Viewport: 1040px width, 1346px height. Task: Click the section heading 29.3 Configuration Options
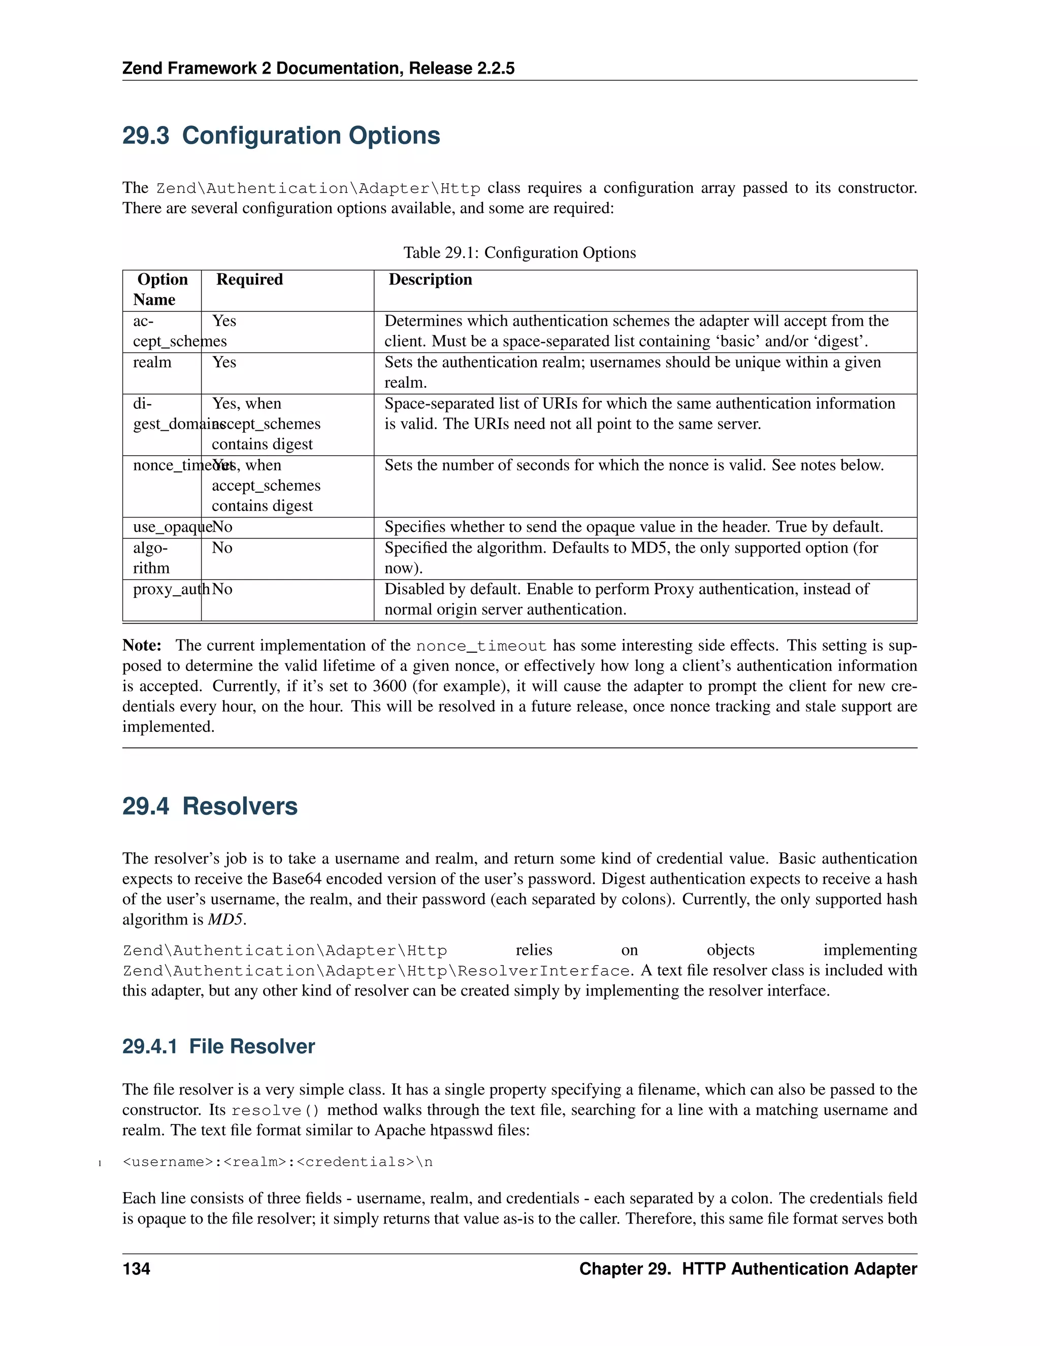click(281, 136)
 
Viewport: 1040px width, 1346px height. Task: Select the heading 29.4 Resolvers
click(210, 806)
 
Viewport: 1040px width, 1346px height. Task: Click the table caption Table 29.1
click(519, 252)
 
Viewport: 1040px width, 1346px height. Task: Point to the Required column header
click(249, 280)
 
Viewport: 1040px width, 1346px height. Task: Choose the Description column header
click(430, 280)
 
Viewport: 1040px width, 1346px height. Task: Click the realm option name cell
click(152, 362)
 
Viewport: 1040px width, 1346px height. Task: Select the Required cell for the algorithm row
click(222, 548)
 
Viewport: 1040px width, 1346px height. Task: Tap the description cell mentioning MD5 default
click(631, 558)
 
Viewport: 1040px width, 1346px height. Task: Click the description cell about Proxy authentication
click(627, 599)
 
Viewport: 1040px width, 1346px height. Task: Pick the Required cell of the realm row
click(224, 362)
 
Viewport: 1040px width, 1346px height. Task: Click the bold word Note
click(142, 645)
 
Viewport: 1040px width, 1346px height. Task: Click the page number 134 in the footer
click(136, 1269)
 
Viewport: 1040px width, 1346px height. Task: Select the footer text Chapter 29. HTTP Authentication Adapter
click(748, 1269)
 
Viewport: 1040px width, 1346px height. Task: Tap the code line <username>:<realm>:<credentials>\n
click(278, 1162)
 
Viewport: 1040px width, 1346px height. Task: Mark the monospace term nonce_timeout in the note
click(481, 646)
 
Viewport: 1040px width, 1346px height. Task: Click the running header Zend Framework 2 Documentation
click(318, 68)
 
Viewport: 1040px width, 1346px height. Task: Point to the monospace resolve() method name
click(275, 1110)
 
